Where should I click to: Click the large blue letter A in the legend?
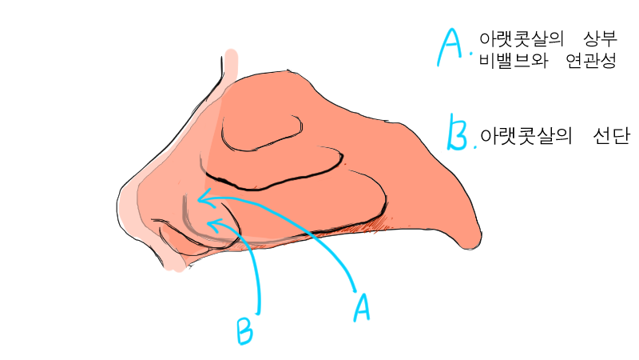pos(450,47)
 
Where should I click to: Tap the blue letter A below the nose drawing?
pos(362,307)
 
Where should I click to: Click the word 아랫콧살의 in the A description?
pos(522,39)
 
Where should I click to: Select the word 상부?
pos(601,39)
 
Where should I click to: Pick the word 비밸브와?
pos(514,61)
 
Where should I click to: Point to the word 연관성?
pos(591,61)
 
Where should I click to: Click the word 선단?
pos(612,136)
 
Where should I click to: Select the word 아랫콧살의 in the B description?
pos(526,136)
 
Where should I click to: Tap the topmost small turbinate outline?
pos(262,133)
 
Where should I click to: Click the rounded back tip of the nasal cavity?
pos(473,242)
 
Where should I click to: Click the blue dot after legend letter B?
pos(474,146)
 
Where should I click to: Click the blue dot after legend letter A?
pos(471,53)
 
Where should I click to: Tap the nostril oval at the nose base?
pos(179,242)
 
